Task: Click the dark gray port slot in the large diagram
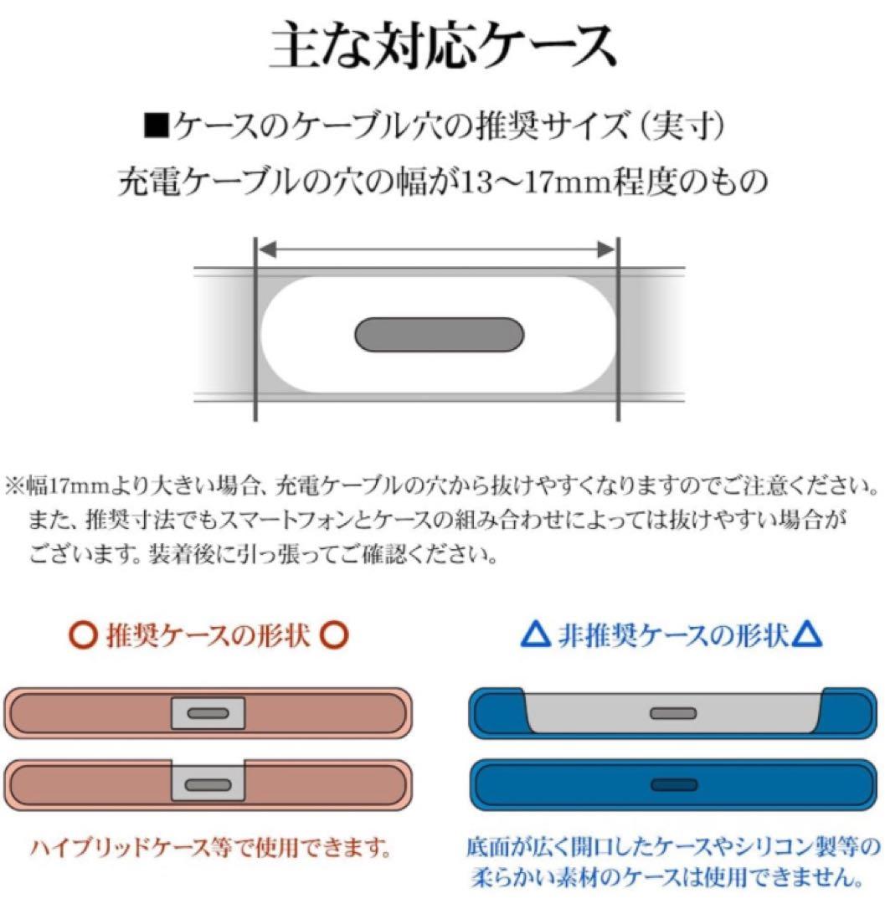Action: click(440, 335)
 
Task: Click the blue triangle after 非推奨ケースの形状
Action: click(807, 637)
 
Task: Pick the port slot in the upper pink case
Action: click(208, 713)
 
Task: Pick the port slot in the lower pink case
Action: click(208, 785)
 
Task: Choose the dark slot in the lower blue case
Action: click(675, 785)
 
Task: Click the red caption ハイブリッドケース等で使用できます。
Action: click(210, 849)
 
